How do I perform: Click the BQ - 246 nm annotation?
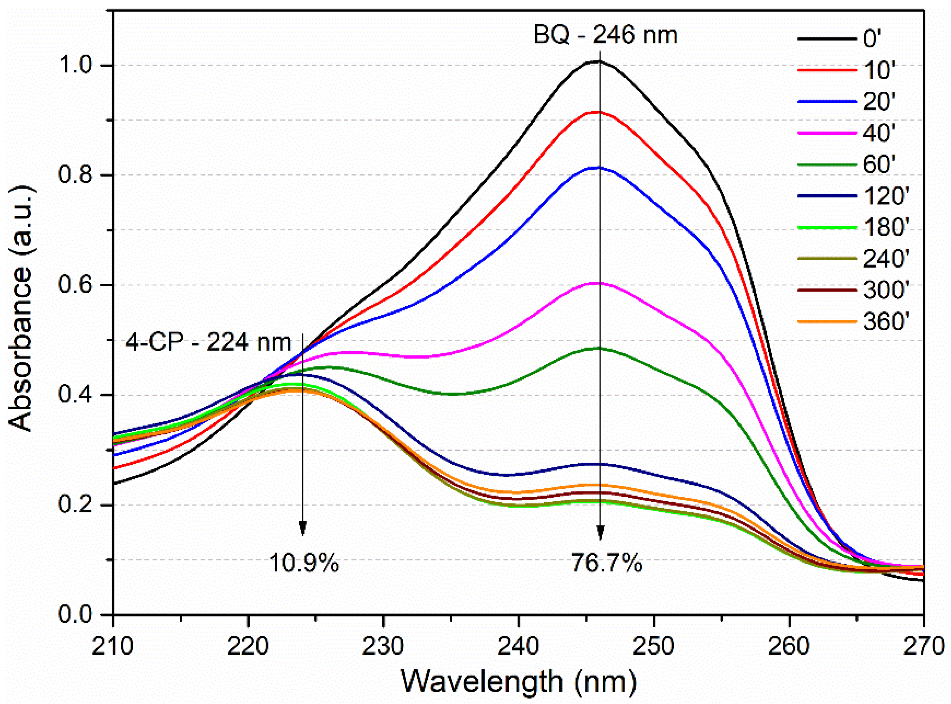pyautogui.click(x=605, y=35)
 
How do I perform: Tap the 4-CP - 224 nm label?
pyautogui.click(x=209, y=342)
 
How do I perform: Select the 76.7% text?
pyautogui.click(x=607, y=563)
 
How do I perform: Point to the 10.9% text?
pyautogui.click(x=304, y=563)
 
